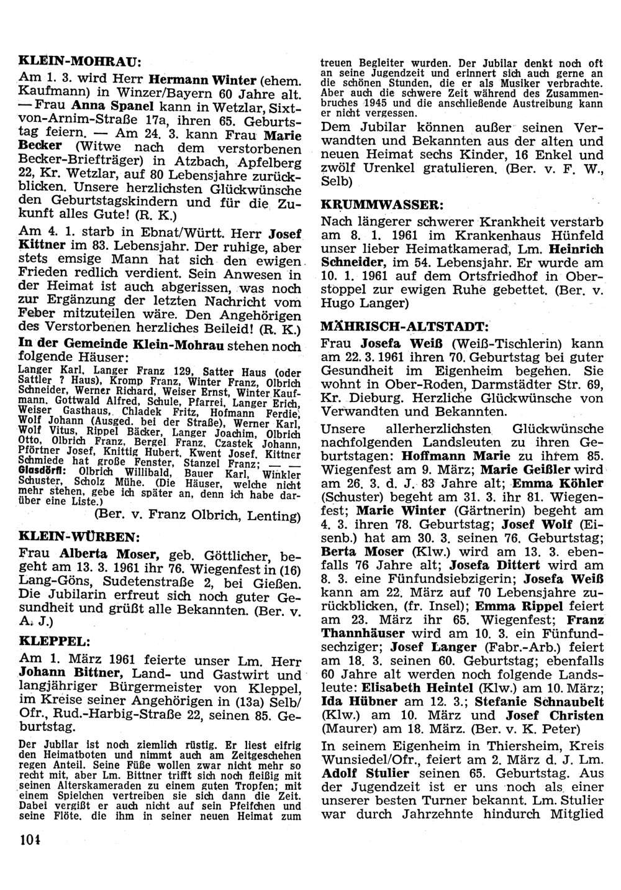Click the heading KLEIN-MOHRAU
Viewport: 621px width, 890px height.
coord(80,62)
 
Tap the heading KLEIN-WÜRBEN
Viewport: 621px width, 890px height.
coord(79,535)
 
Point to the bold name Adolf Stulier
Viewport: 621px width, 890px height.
coord(365,773)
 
